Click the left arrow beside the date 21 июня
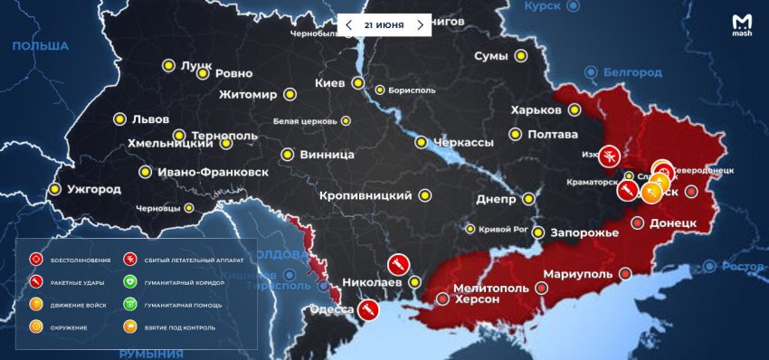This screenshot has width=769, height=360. [x=349, y=25]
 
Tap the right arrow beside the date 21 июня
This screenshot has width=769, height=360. [x=420, y=25]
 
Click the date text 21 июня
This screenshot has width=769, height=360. [x=384, y=25]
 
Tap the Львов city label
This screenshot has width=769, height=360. [x=150, y=119]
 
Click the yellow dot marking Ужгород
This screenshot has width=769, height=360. [x=54, y=189]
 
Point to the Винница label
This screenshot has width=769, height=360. [x=329, y=155]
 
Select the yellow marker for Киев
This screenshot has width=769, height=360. [x=358, y=84]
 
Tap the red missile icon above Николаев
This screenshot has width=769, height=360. [x=395, y=264]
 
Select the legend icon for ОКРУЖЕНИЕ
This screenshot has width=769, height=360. [x=36, y=327]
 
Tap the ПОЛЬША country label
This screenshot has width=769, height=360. [x=41, y=46]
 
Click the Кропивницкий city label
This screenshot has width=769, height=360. [x=366, y=195]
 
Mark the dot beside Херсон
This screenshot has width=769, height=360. [x=442, y=298]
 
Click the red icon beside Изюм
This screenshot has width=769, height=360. [x=611, y=156]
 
